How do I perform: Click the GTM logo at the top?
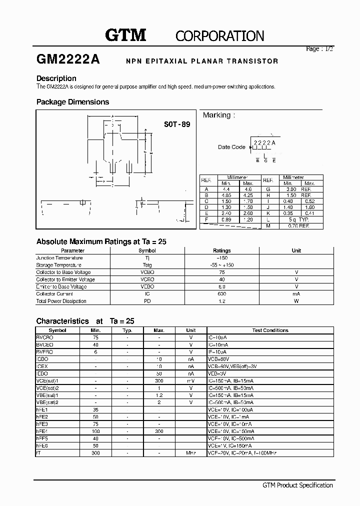click(125, 35)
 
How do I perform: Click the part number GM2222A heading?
click(68, 59)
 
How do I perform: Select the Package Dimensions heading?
click(72, 102)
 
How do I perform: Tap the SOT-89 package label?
click(177, 124)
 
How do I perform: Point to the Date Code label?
click(231, 147)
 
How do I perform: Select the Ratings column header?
click(221, 250)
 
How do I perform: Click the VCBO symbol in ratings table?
click(147, 272)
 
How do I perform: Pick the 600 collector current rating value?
click(221, 294)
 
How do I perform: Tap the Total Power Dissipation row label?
click(61, 301)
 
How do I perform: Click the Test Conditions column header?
click(270, 330)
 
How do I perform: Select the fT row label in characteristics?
click(38, 453)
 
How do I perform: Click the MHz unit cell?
click(190, 453)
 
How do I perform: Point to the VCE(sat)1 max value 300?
click(159, 381)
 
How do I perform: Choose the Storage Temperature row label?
click(58, 265)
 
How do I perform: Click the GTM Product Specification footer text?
click(297, 485)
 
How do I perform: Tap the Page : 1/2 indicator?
click(319, 49)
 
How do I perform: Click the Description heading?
click(56, 78)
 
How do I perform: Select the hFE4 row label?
click(41, 431)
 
